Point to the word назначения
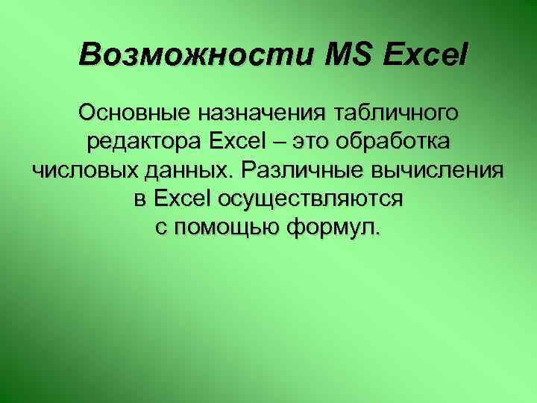[x=268, y=113]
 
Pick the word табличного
[x=403, y=113]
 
